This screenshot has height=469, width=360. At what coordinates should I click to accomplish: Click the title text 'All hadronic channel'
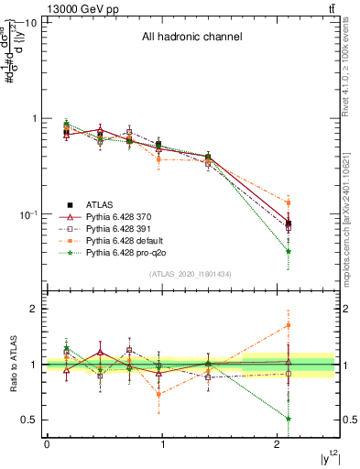pos(191,38)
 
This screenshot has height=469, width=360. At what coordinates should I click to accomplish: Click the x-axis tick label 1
pos(162,444)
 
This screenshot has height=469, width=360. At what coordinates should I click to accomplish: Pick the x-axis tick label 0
pos(47,444)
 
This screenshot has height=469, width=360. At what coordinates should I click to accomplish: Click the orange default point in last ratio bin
pos(289,325)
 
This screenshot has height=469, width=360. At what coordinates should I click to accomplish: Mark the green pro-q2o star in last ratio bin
pos(289,419)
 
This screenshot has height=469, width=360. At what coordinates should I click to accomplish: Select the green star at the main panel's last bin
pos(289,251)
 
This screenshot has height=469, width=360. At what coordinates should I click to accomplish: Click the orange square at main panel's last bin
pos(289,203)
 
